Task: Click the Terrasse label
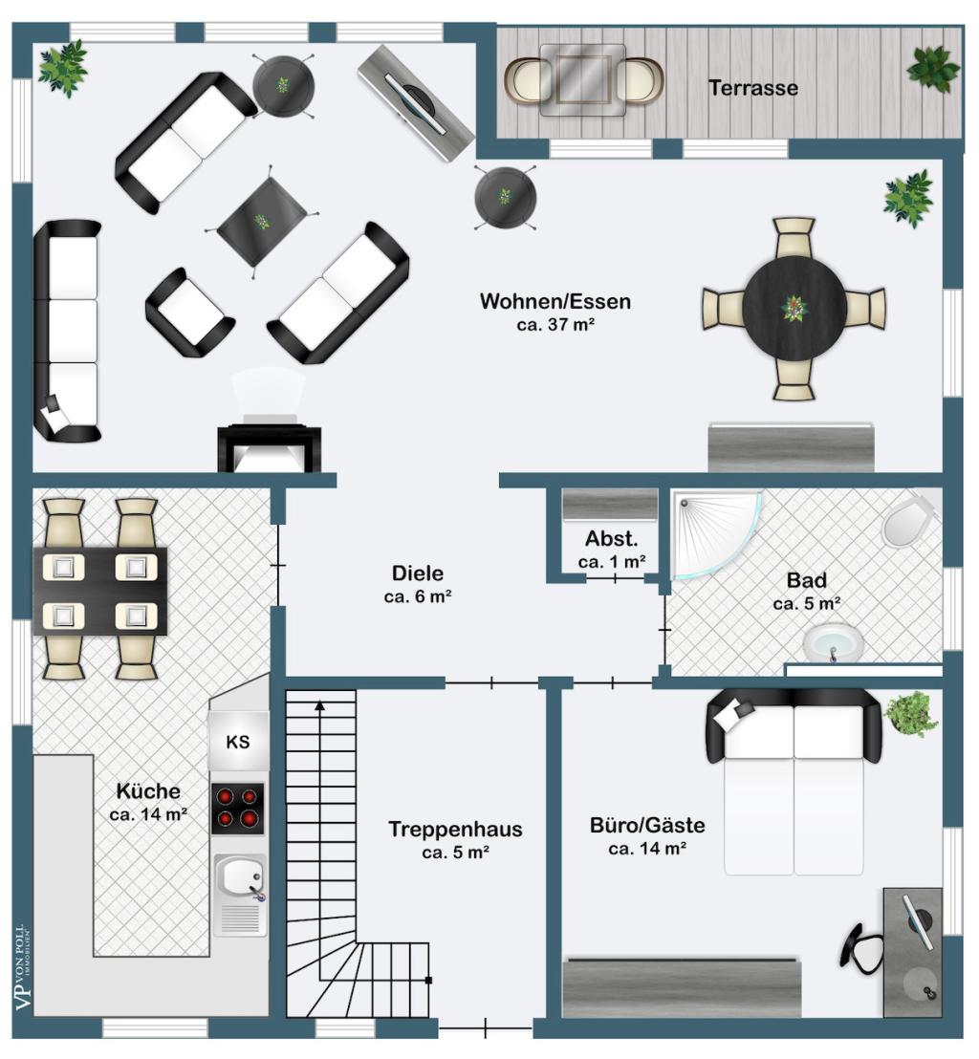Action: click(753, 88)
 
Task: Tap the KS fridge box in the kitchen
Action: click(238, 741)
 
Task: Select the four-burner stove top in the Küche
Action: click(238, 809)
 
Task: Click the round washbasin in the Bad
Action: click(834, 642)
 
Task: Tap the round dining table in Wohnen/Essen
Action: click(794, 309)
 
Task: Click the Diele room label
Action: click(418, 573)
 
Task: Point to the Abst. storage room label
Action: click(612, 538)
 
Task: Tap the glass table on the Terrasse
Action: click(583, 79)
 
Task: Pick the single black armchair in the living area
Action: click(189, 312)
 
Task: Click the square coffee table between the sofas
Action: click(261, 221)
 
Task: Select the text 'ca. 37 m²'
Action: click(555, 325)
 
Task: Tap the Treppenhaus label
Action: click(455, 829)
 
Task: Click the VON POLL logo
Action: click(24, 966)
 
